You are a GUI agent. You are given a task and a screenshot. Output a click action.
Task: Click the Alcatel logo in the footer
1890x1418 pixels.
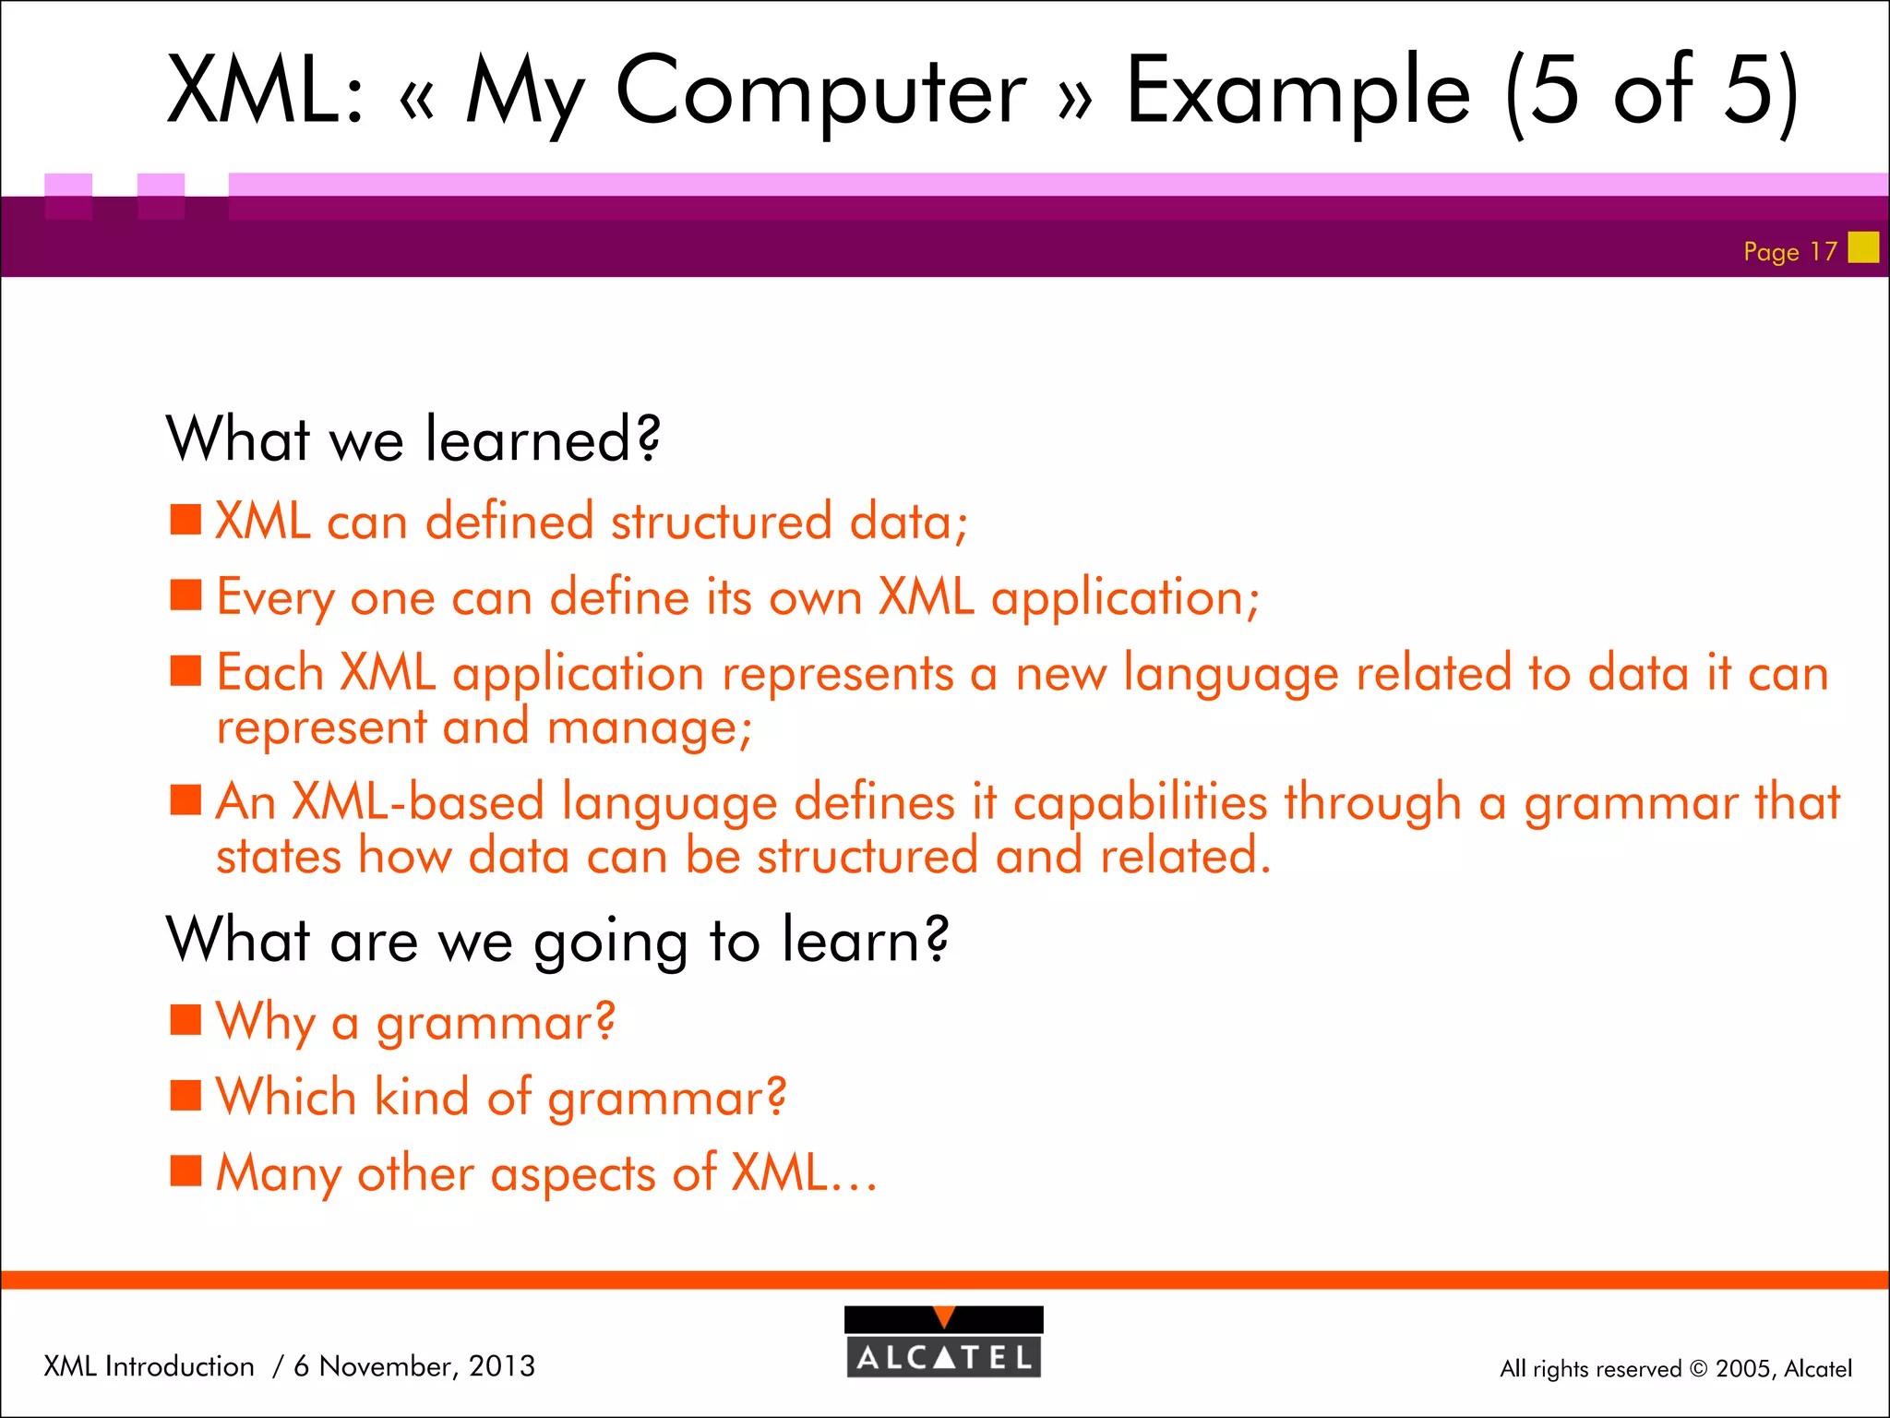[x=943, y=1342]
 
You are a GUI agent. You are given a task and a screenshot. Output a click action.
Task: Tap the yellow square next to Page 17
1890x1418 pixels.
[x=1863, y=247]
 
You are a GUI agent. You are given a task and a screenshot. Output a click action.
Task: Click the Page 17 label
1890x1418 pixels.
[x=1789, y=251]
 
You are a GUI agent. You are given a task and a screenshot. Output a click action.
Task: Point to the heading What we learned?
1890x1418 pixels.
[x=413, y=439]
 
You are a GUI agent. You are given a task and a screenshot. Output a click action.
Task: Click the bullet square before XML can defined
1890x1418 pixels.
[x=185, y=520]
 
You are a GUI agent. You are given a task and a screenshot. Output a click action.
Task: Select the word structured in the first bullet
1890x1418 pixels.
[x=721, y=522]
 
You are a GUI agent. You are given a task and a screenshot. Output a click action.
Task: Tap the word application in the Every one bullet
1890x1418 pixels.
[x=1124, y=598]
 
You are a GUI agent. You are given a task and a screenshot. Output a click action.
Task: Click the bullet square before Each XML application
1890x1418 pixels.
[x=185, y=671]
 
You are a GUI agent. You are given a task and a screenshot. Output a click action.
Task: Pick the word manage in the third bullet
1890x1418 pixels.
[x=649, y=728]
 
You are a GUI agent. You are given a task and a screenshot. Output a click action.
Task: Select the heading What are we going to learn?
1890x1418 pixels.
[x=556, y=941]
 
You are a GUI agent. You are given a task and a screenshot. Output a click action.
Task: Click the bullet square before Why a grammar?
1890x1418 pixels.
[x=185, y=1021]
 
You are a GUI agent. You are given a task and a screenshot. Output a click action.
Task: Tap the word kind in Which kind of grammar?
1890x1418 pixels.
[x=422, y=1098]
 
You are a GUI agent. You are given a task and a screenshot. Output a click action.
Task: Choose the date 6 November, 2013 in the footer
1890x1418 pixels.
[x=413, y=1366]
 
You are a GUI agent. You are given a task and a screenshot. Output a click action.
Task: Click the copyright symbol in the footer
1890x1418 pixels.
[x=1698, y=1369]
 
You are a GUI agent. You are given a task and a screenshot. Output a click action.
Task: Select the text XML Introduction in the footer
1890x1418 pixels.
[x=149, y=1366]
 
